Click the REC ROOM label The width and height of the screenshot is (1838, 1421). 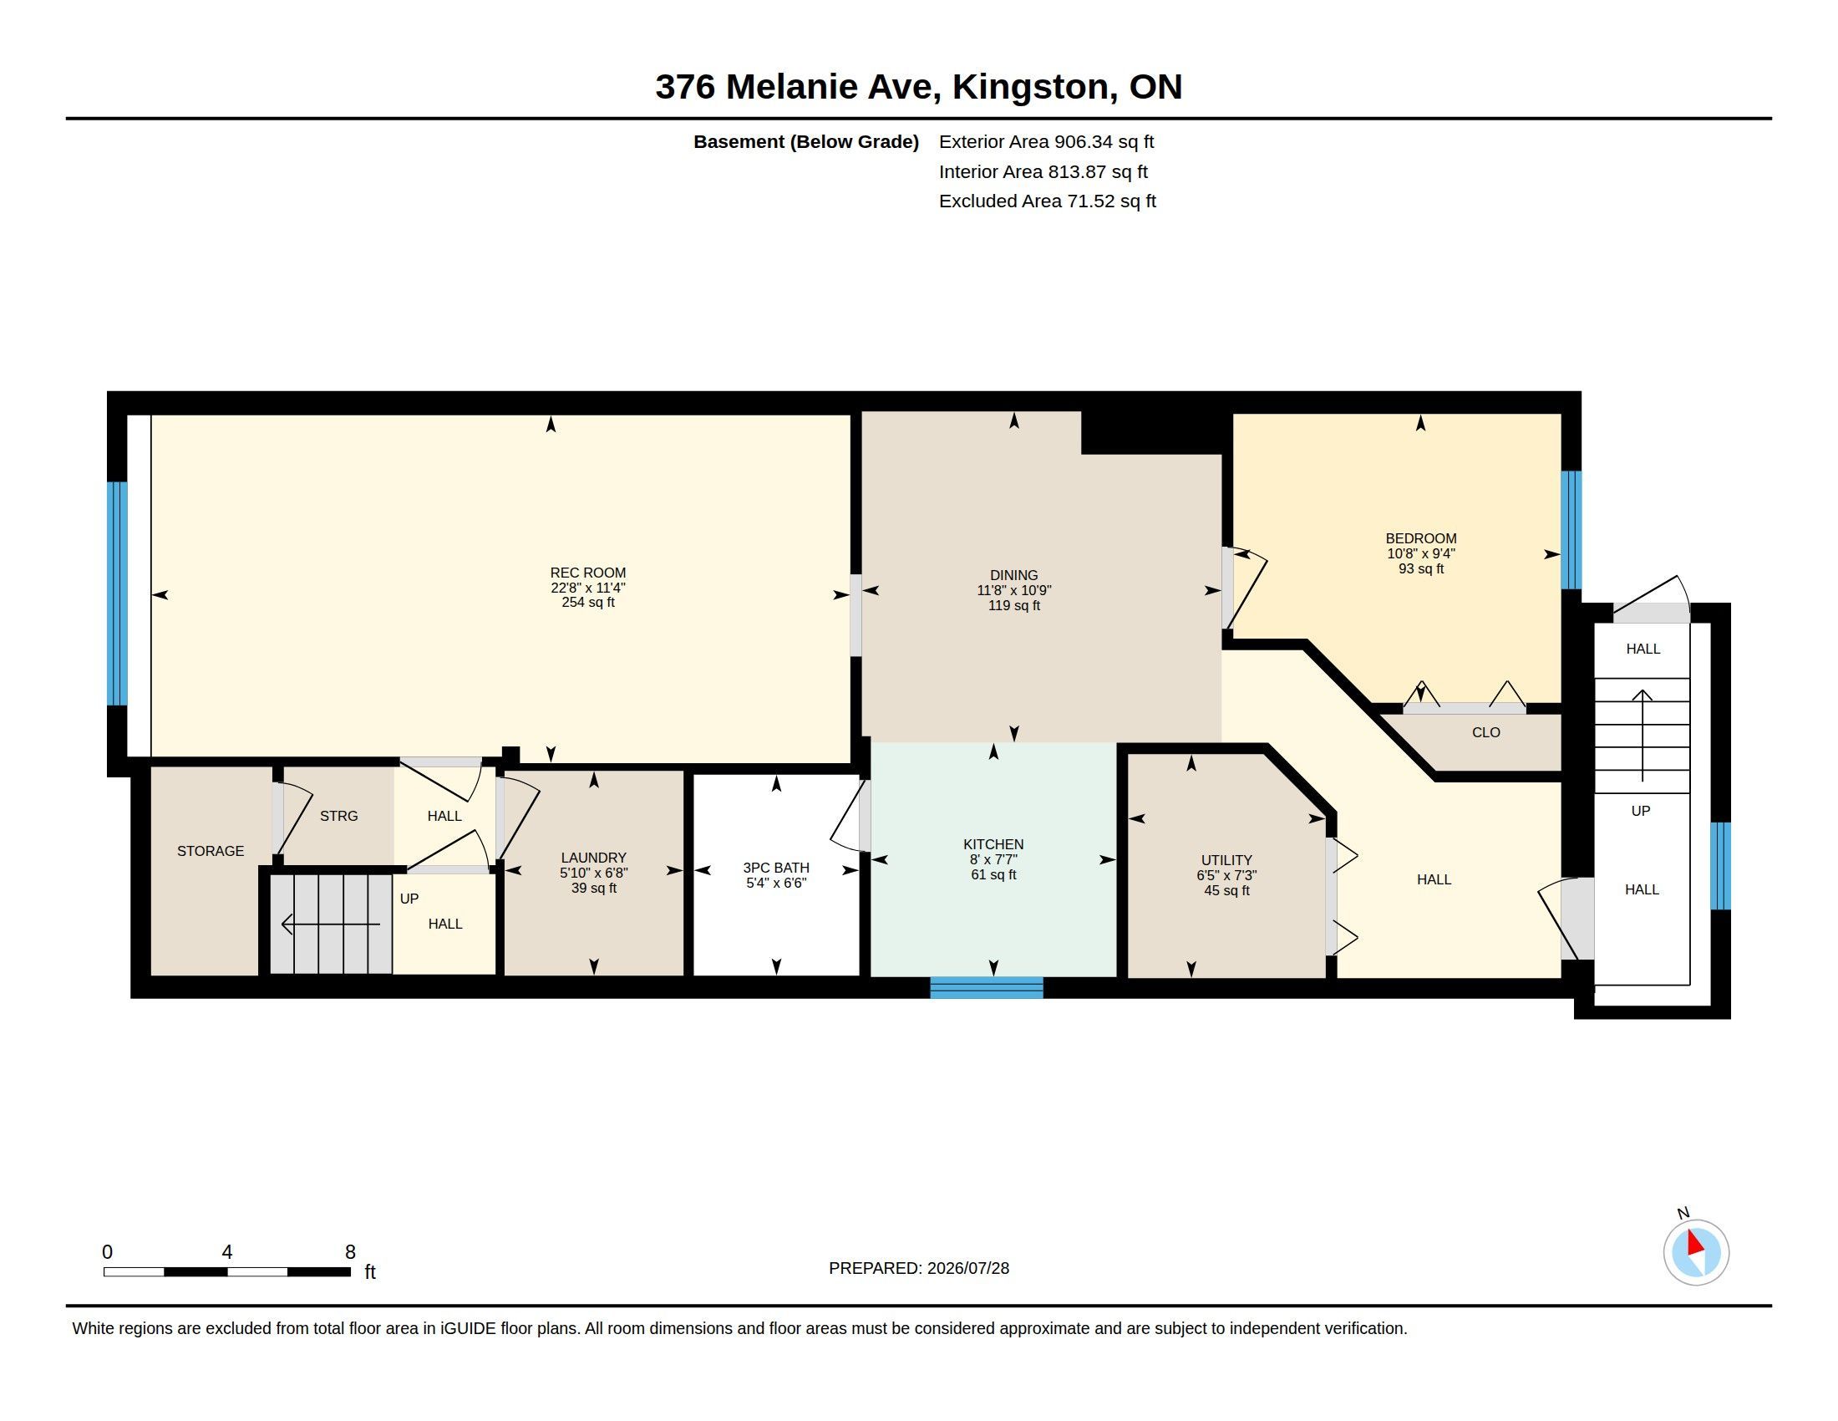click(587, 573)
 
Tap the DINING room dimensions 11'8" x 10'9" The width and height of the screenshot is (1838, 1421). click(1013, 591)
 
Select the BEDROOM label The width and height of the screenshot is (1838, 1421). click(1420, 539)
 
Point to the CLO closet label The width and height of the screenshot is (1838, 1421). click(1485, 732)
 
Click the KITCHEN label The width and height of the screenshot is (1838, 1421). click(993, 844)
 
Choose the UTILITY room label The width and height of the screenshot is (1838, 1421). click(1226, 860)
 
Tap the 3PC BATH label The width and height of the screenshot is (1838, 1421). click(776, 868)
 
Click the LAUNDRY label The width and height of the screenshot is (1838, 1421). click(593, 858)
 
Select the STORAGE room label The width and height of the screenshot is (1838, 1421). click(211, 851)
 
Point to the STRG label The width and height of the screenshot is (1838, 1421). click(338, 816)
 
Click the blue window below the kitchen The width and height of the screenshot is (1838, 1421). click(987, 986)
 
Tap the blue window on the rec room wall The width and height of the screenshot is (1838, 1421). click(117, 593)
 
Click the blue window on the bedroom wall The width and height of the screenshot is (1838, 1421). click(1571, 529)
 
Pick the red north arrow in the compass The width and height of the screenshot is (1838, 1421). click(1694, 1244)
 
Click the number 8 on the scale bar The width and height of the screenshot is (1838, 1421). click(350, 1252)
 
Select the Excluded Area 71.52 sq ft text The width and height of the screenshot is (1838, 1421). click(1047, 201)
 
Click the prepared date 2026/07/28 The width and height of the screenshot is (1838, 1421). click(967, 1268)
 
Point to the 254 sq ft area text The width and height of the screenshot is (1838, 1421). click(587, 603)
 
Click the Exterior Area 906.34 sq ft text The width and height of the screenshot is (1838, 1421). click(1046, 142)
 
